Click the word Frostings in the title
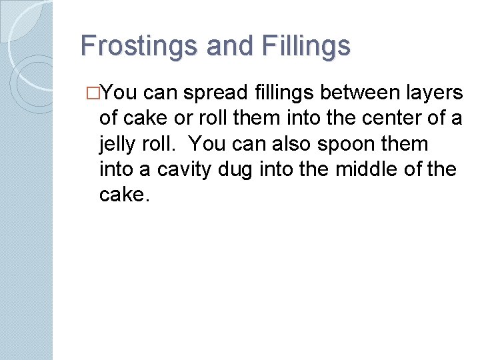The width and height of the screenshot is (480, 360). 139,47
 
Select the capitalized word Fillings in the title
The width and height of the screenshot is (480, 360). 307,47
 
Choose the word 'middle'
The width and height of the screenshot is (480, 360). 369,169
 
